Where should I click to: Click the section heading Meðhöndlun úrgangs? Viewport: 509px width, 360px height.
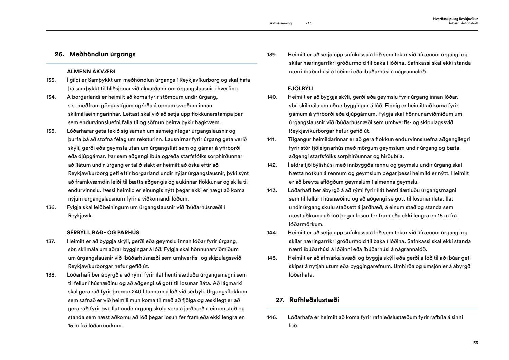point(102,54)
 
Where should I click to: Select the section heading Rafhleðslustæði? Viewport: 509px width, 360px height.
point(314,300)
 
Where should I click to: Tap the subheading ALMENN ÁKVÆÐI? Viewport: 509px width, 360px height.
point(91,71)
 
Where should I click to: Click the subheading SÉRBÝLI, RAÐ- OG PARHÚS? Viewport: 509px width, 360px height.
point(103,232)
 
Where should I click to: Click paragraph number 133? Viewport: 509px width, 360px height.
point(51,80)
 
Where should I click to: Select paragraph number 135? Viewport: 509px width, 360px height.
point(51,131)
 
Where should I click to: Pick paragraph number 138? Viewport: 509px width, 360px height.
point(51,275)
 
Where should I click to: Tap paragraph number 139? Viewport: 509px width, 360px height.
point(272,55)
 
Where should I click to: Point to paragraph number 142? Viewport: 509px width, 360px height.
point(272,165)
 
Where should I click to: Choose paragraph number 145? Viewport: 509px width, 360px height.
point(272,258)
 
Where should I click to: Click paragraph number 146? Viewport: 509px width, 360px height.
point(272,317)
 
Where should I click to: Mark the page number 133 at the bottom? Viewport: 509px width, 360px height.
point(475,343)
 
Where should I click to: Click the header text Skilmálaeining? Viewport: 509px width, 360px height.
point(280,23)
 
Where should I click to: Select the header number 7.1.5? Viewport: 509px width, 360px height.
point(308,23)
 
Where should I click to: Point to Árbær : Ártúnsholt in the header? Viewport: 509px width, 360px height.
point(460,23)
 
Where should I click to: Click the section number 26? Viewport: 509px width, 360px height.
point(59,54)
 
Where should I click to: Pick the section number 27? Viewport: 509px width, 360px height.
point(280,300)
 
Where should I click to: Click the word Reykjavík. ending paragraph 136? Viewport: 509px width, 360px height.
point(80,215)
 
